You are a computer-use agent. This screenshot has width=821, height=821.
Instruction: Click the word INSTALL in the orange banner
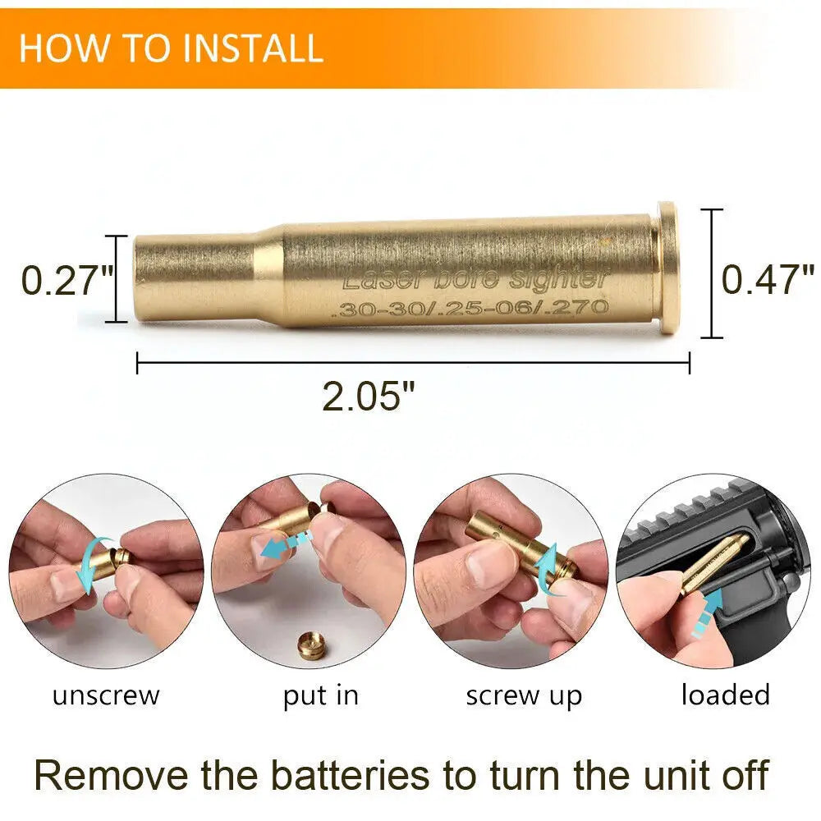253,48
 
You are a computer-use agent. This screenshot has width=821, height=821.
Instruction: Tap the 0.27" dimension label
67,281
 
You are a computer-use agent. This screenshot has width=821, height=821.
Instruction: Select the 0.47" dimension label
768,279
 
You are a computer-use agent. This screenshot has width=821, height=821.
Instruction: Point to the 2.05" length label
369,396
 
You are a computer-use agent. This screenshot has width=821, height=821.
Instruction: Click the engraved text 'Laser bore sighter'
475,278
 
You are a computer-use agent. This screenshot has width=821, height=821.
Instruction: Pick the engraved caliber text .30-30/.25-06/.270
470,308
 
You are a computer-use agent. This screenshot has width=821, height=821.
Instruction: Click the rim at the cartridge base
668,268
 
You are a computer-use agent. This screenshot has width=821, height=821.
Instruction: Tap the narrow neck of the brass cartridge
195,278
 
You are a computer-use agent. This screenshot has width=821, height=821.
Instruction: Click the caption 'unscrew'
106,696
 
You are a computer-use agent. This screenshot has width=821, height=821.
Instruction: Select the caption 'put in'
321,697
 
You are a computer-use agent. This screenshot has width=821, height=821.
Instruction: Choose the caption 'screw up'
524,697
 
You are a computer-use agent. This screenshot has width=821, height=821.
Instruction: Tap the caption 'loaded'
726,695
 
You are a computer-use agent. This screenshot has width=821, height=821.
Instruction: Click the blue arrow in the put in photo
286,544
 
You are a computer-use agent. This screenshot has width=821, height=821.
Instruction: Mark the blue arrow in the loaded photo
708,612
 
